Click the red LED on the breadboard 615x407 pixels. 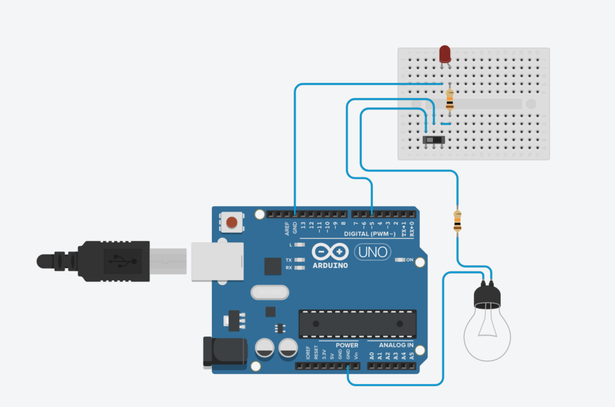coord(445,54)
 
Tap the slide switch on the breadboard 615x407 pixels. coord(434,140)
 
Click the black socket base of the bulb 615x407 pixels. coord(487,295)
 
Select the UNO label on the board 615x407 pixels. coord(373,251)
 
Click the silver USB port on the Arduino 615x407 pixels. coord(216,261)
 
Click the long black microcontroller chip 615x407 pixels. coord(357,323)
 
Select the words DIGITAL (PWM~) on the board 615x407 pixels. coord(370,233)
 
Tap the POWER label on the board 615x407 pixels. coord(347,345)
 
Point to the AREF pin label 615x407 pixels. coord(287,228)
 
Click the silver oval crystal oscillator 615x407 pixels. coord(269,292)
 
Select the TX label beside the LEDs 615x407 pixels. coord(289,260)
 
